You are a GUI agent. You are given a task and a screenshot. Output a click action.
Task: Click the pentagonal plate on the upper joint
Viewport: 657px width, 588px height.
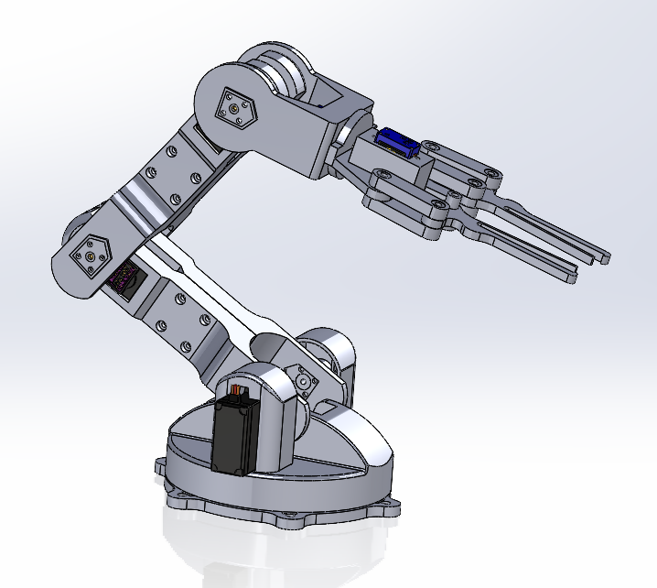(x=237, y=109)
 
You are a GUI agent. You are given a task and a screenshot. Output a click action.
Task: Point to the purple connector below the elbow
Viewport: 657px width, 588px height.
(x=121, y=278)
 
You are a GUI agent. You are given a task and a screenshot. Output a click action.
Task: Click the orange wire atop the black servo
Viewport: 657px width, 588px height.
(x=239, y=392)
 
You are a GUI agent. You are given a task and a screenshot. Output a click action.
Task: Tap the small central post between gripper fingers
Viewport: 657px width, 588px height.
(x=454, y=193)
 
